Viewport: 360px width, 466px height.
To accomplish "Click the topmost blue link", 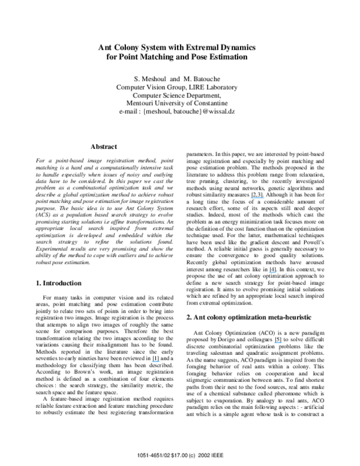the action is pyautogui.click(x=257, y=198).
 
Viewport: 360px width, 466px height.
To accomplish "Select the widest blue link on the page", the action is pyautogui.click(x=257, y=198).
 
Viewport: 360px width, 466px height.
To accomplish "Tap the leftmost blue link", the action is pyautogui.click(x=155, y=361).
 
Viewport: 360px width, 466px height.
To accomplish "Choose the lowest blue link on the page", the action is pyautogui.click(x=155, y=361).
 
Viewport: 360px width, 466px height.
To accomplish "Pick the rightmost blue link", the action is pyautogui.click(x=278, y=343).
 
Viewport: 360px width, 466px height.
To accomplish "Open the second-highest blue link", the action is pyautogui.click(x=272, y=273).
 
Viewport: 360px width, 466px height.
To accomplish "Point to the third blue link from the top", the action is pyautogui.click(x=278, y=343).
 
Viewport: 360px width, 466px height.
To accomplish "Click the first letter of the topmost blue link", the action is pyautogui.click(x=251, y=198).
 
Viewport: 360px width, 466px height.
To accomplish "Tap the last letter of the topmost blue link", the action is pyautogui.click(x=264, y=198).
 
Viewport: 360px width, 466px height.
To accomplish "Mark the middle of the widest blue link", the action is pyautogui.click(x=257, y=198).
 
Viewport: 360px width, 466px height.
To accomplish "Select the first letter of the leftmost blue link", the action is pyautogui.click(x=152, y=361).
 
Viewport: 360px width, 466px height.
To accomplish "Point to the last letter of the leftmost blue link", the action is pyautogui.click(x=159, y=361).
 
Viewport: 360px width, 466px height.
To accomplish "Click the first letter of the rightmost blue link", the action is pyautogui.click(x=274, y=343).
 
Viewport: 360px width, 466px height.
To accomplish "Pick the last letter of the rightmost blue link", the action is pyautogui.click(x=281, y=343).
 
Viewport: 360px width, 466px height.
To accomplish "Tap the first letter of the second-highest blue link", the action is pyautogui.click(x=269, y=273).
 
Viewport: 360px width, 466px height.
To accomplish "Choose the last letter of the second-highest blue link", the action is pyautogui.click(x=275, y=273).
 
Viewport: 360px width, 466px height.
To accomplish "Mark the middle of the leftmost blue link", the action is pyautogui.click(x=155, y=361).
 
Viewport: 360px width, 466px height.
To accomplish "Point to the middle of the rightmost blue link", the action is pyautogui.click(x=278, y=343).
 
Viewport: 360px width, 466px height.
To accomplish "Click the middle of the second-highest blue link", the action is pyautogui.click(x=272, y=273).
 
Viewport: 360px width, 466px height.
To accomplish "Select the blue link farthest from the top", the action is pyautogui.click(x=155, y=361).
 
